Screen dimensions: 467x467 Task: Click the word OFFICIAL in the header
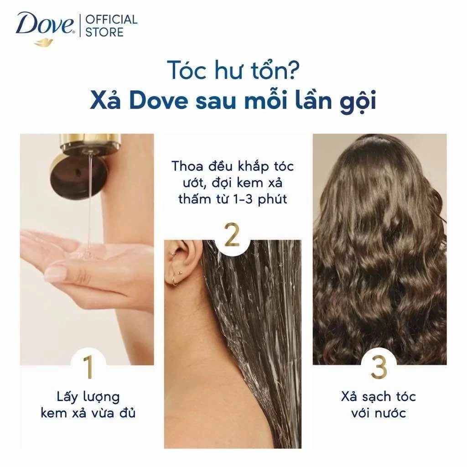111,20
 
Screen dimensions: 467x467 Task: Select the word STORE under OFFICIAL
104,32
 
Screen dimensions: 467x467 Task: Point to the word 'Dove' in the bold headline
159,101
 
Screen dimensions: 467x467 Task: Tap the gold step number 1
88,367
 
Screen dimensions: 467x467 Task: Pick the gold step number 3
379,367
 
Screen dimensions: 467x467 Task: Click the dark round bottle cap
74,176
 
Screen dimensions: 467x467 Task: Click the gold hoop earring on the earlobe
173,280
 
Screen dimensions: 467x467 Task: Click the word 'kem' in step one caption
54,413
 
